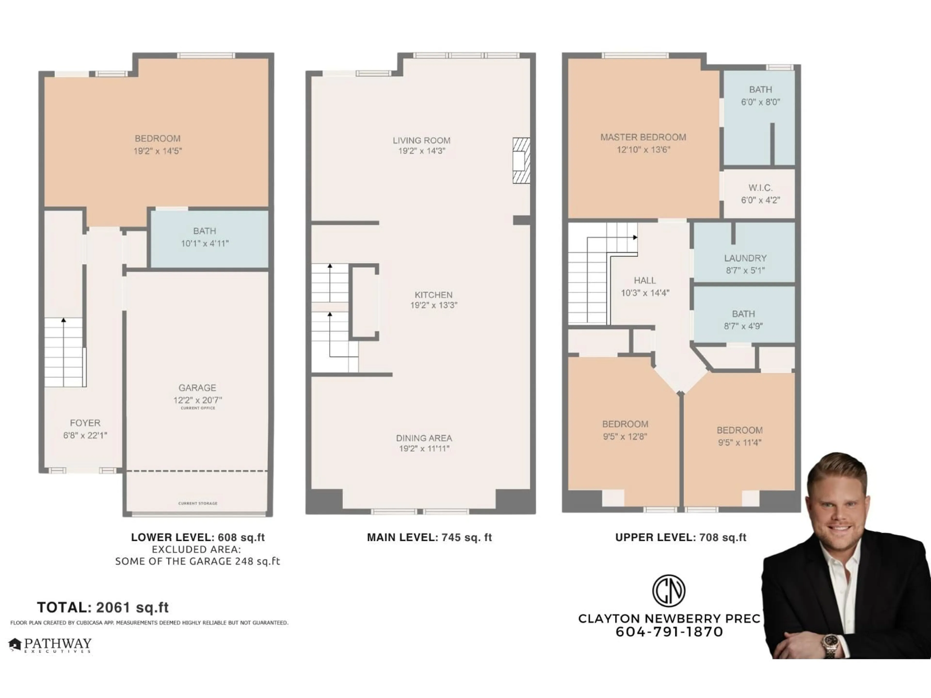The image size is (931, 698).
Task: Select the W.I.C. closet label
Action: click(x=760, y=188)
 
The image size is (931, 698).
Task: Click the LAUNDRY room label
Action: click(x=745, y=258)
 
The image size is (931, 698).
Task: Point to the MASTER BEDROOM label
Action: click(x=643, y=137)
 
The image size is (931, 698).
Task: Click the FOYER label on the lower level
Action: click(x=85, y=423)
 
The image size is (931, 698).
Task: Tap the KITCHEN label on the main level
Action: click(x=433, y=295)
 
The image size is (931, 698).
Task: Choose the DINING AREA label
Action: click(x=424, y=438)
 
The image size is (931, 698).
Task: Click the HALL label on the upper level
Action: click(x=644, y=280)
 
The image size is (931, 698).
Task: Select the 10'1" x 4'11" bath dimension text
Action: click(x=205, y=243)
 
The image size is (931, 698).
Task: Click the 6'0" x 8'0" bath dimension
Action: click(x=760, y=102)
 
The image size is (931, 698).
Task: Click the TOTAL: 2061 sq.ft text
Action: click(x=103, y=607)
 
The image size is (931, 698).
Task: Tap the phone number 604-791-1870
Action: click(x=669, y=632)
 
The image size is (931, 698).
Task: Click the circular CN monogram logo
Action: click(x=668, y=590)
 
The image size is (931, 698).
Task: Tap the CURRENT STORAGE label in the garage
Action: click(x=198, y=503)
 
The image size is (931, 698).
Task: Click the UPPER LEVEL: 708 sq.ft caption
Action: click(x=681, y=537)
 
